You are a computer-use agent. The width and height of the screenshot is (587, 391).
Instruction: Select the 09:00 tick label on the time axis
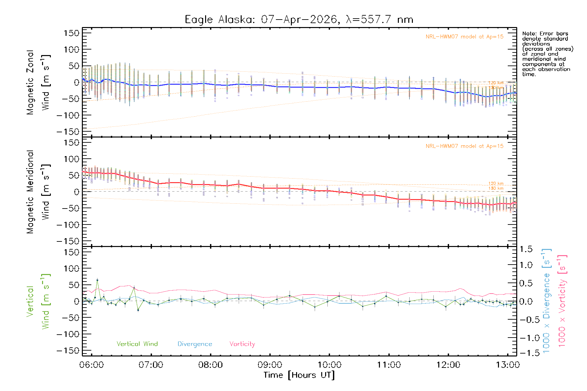(x=270, y=365)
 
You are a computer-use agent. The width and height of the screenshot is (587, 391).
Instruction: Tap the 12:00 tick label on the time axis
(x=448, y=365)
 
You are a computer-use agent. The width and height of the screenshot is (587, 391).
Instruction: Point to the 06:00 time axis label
(x=91, y=365)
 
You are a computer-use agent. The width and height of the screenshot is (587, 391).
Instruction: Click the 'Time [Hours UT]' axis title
(x=299, y=375)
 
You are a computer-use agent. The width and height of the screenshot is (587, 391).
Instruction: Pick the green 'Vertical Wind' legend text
(x=137, y=344)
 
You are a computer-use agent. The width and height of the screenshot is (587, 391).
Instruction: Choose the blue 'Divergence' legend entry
(x=195, y=344)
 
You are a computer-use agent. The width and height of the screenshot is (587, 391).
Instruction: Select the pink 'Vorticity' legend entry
(x=242, y=344)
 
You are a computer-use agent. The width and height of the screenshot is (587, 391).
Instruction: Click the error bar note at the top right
(x=547, y=54)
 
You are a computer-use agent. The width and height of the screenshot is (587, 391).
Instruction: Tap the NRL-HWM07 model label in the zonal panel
(x=464, y=37)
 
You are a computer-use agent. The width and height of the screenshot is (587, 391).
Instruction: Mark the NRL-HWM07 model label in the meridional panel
(x=464, y=146)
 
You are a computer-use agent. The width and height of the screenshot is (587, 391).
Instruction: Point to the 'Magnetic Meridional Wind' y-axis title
(x=38, y=192)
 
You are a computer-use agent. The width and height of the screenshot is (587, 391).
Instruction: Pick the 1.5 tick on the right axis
(x=526, y=249)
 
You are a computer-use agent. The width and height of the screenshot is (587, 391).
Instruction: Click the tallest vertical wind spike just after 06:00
(x=97, y=280)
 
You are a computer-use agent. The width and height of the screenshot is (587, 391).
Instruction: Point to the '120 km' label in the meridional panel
(x=496, y=183)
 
